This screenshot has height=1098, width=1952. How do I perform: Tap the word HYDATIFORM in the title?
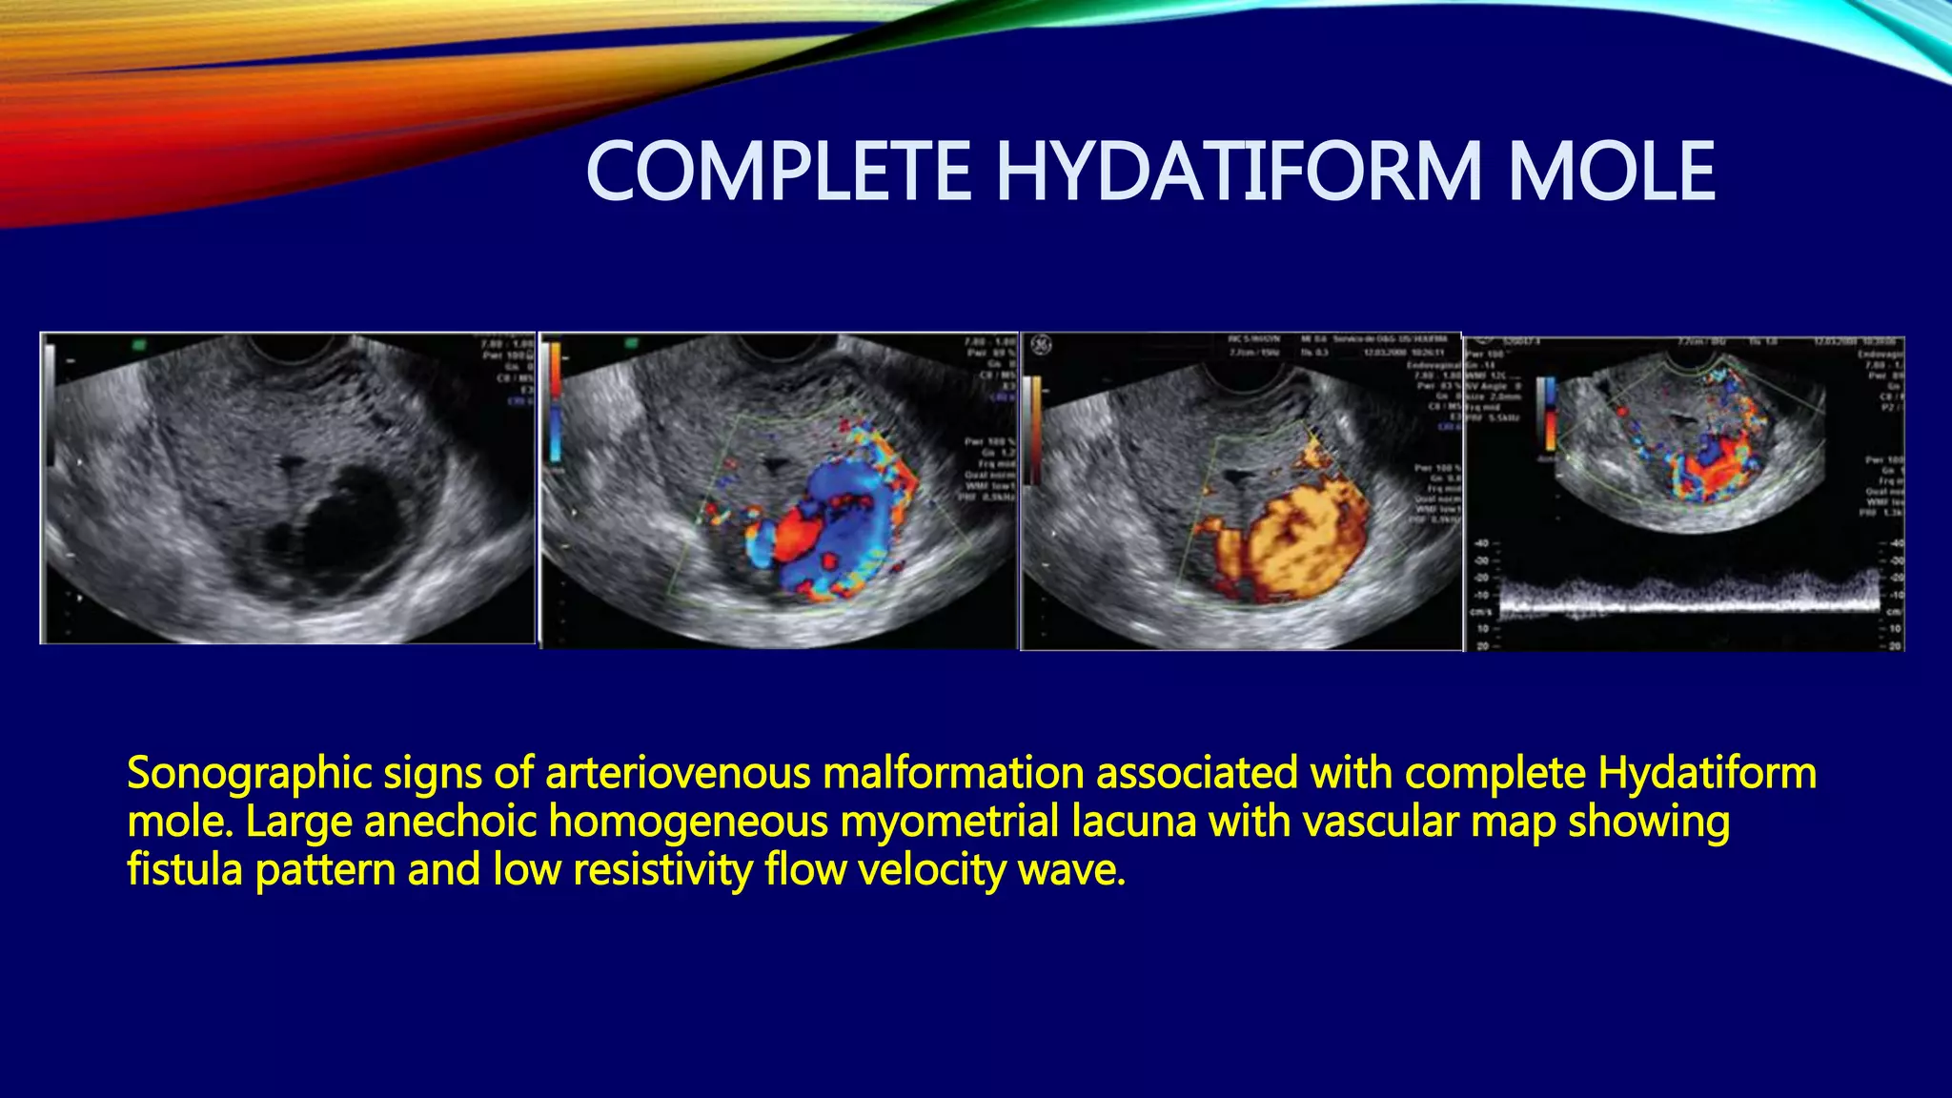pyautogui.click(x=1238, y=172)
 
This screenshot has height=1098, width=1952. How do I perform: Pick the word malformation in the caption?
pyautogui.click(x=952, y=773)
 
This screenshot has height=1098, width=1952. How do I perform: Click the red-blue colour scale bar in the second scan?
pyautogui.click(x=555, y=400)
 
